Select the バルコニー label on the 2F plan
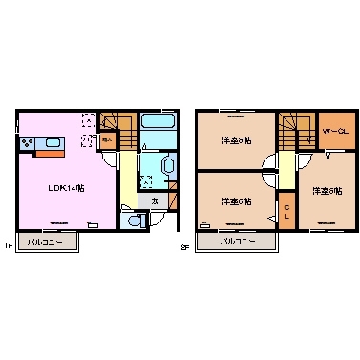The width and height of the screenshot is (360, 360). point(239,242)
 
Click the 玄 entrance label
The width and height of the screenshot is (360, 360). point(155,201)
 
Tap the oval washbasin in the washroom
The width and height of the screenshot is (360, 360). point(168,165)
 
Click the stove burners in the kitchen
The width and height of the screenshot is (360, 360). point(26,144)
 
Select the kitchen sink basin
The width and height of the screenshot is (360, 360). point(51,143)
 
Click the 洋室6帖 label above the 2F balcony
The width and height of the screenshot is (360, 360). point(236,201)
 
